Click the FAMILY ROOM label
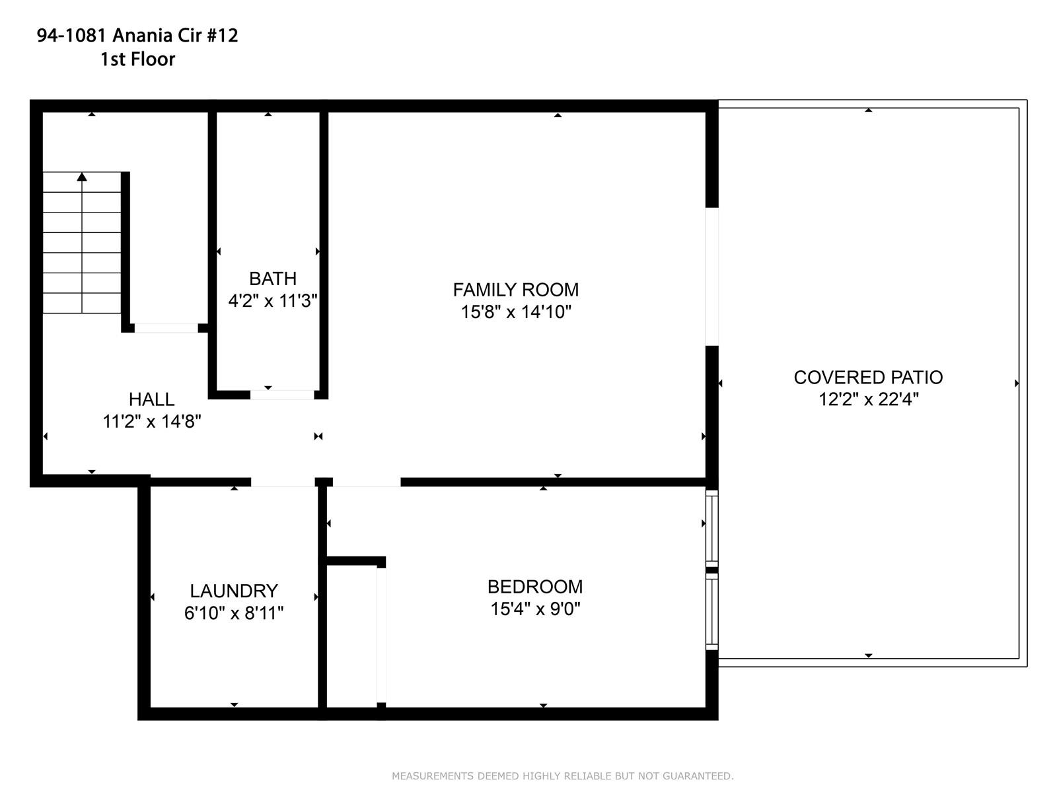[515, 290]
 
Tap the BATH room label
[273, 279]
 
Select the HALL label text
[152, 399]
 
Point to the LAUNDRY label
[234, 591]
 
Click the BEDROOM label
[535, 587]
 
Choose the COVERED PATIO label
[868, 378]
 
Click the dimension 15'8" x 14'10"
[516, 312]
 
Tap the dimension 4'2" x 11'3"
[273, 300]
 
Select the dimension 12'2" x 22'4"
[869, 399]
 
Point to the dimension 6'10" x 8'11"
[234, 612]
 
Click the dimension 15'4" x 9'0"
[535, 609]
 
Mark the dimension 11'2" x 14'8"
[152, 421]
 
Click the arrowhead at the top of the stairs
[82, 176]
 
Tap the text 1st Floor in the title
[137, 59]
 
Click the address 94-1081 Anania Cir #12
[137, 35]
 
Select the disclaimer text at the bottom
[562, 775]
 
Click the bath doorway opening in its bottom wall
[281, 395]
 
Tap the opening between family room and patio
[711, 277]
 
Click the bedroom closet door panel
[381, 634]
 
